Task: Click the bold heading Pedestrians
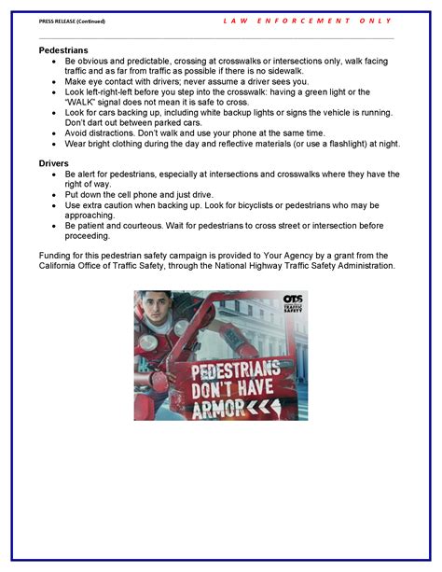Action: (64, 49)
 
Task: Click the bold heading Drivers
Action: (54, 162)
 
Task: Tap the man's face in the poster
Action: (161, 313)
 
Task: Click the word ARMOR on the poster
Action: (217, 407)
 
